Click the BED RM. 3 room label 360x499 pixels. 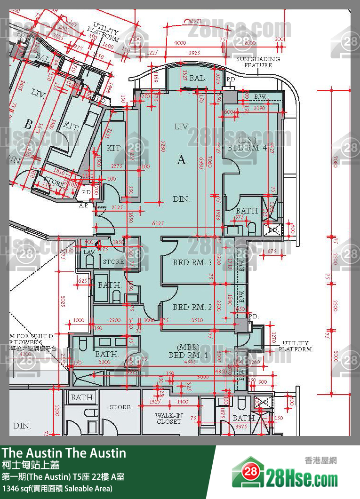pyautogui.click(x=192, y=262)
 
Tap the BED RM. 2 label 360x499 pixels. pyautogui.click(x=192, y=307)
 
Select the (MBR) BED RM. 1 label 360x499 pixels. pyautogui.click(x=188, y=351)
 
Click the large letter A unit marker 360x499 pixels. pyautogui.click(x=182, y=160)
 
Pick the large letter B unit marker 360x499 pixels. pyautogui.click(x=28, y=125)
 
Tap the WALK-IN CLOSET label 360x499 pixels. pyautogui.click(x=168, y=419)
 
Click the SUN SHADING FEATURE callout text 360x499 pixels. pyautogui.click(x=258, y=62)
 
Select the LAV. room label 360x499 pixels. pyautogui.click(x=89, y=253)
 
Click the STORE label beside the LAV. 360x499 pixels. pyautogui.click(x=113, y=261)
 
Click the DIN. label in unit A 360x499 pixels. pyautogui.click(x=182, y=199)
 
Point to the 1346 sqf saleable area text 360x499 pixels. pyautogui.click(x=57, y=489)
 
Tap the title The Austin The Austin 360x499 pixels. pyautogui.click(x=64, y=453)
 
